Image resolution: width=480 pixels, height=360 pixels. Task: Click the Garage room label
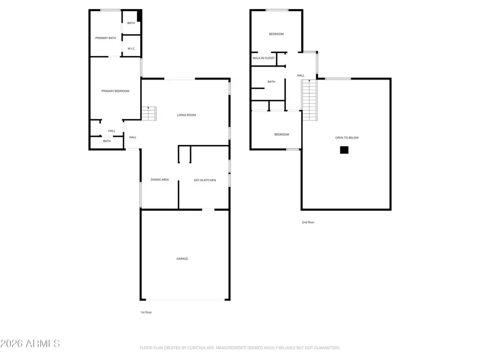coord(182,259)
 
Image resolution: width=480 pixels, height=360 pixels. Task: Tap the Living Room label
coord(187,115)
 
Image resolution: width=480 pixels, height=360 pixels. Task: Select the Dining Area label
coord(159,180)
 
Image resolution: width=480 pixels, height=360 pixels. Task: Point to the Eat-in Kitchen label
coord(205,180)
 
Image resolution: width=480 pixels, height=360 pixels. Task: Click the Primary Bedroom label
coord(115,91)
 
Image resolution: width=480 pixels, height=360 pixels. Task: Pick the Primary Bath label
coord(105,38)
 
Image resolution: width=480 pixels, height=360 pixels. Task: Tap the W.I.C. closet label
coord(131,49)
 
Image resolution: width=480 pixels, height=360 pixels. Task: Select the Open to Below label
coord(347,138)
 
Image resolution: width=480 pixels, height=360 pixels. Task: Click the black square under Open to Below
coord(345,150)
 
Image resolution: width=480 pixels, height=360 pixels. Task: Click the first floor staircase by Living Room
coord(149,114)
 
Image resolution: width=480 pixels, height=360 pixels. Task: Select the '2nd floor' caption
coord(308,222)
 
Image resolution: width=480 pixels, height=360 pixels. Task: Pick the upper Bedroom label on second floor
coord(276,34)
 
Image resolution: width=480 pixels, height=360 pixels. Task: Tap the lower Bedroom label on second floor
coord(282,134)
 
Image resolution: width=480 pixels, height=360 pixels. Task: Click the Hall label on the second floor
coord(301,76)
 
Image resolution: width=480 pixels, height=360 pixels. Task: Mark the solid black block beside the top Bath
coord(139,16)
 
